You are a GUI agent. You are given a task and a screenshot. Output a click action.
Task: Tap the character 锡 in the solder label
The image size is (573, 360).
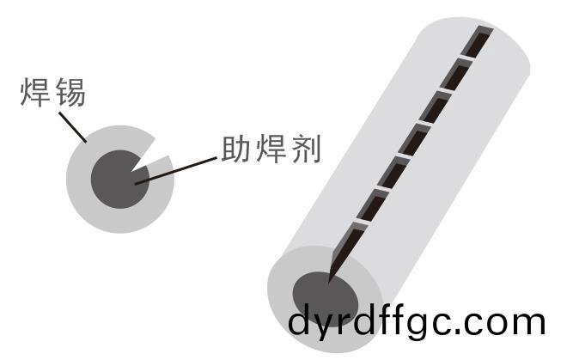pos(70,93)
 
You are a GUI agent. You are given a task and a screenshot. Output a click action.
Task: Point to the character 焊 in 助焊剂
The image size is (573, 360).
pos(271,149)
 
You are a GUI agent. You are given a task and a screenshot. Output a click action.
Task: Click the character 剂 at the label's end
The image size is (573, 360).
pos(307,149)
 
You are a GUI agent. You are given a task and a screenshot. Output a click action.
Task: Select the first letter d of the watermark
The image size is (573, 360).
pos(302,320)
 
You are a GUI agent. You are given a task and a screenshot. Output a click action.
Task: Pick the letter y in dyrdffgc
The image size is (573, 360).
pos(329,326)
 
